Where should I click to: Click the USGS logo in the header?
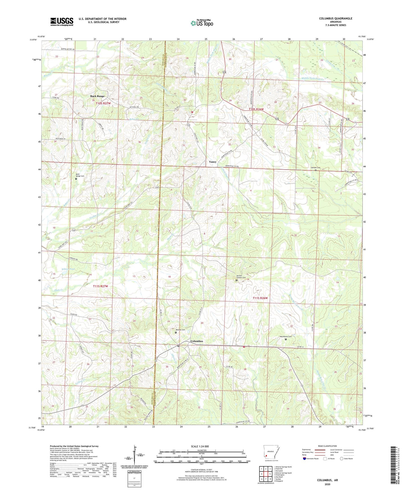(x=62, y=22)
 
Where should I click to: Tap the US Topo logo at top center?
(x=202, y=23)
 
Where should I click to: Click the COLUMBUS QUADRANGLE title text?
(x=335, y=19)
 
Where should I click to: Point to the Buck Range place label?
(x=97, y=96)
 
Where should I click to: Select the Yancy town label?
(x=213, y=162)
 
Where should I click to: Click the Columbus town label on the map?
(x=197, y=341)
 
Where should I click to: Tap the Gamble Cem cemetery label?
(x=315, y=168)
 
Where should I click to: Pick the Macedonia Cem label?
(x=286, y=337)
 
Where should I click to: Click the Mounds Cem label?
(x=180, y=330)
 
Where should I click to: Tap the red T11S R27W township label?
(x=100, y=286)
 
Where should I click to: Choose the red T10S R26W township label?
(x=256, y=109)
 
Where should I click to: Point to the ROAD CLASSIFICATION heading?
(x=327, y=446)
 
